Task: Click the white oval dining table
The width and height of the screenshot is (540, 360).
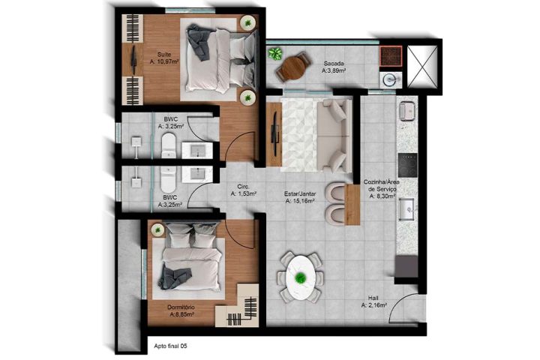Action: point(301,278)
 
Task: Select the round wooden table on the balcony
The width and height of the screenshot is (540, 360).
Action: point(292,68)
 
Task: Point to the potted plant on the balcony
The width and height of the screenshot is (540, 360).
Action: point(275,53)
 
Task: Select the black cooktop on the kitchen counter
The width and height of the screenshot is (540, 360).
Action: point(409,161)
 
